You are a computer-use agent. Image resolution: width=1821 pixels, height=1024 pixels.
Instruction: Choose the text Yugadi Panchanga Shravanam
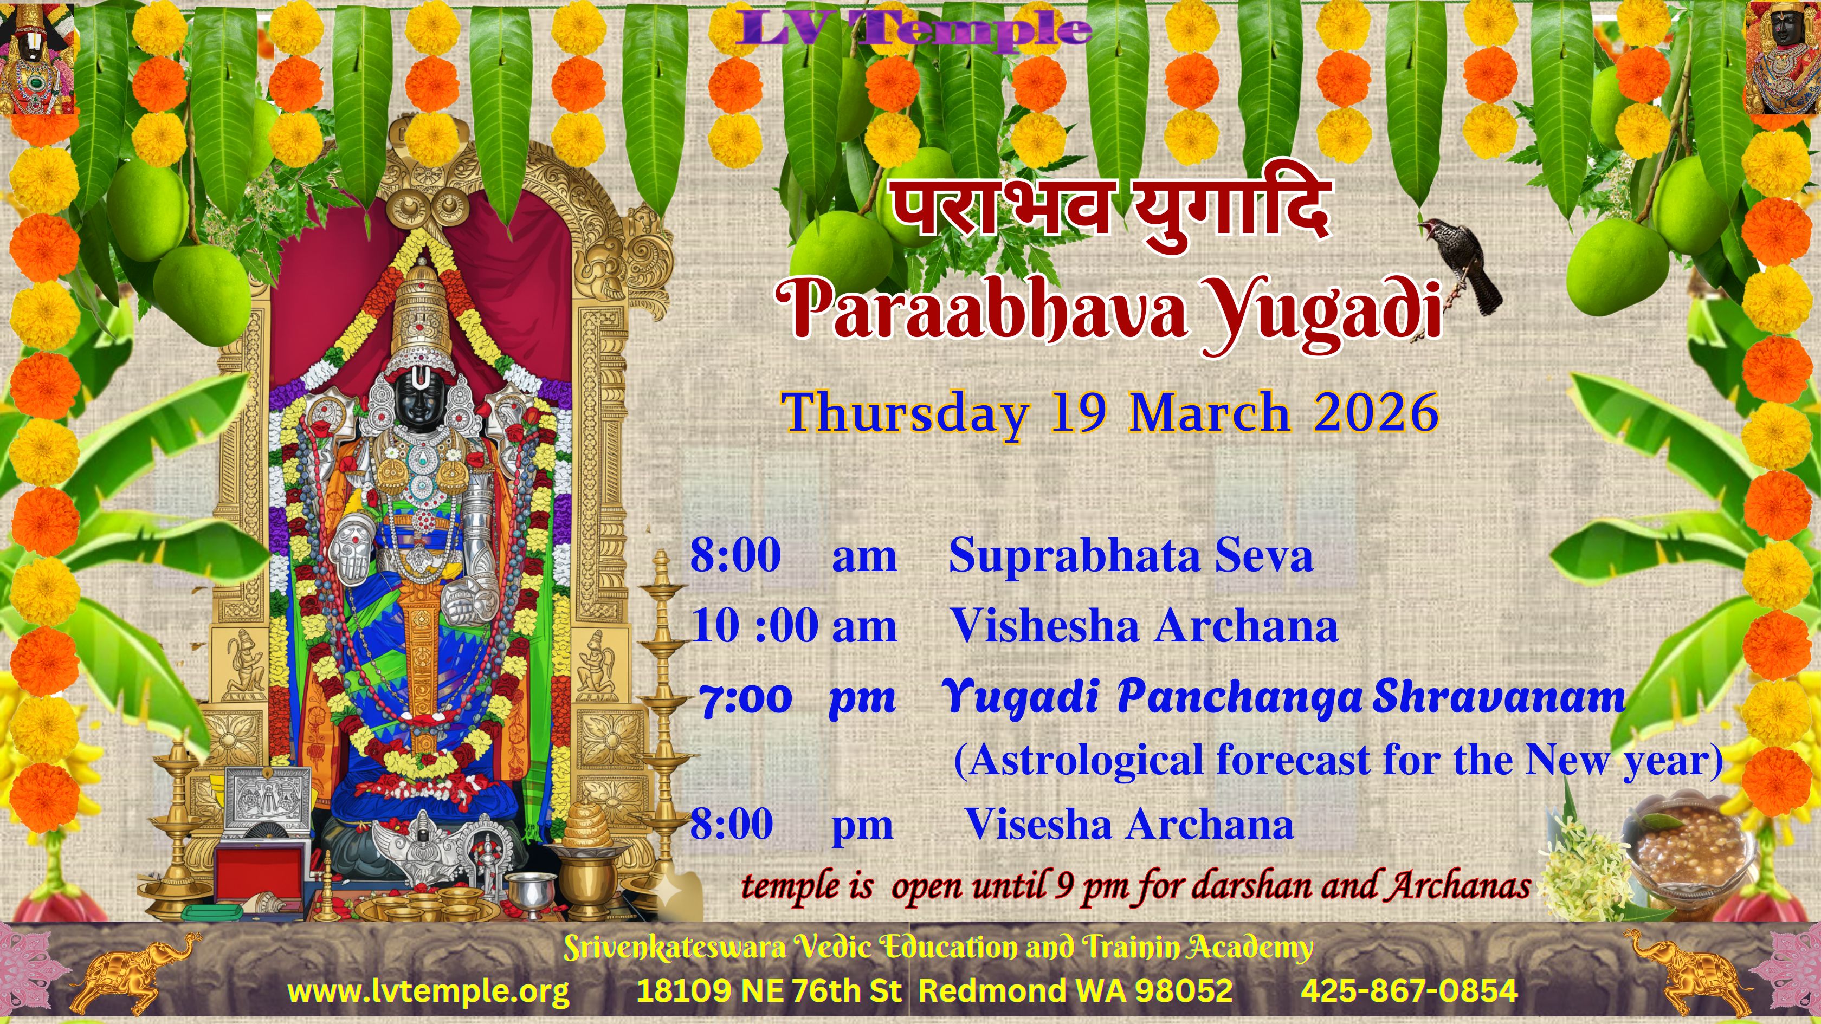(1283, 697)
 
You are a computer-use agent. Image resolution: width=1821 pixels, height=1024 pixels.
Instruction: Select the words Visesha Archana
(1129, 824)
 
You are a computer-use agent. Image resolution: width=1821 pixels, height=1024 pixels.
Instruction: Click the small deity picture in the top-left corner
(37, 58)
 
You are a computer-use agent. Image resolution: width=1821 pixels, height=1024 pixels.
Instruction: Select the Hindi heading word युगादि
(1231, 212)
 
